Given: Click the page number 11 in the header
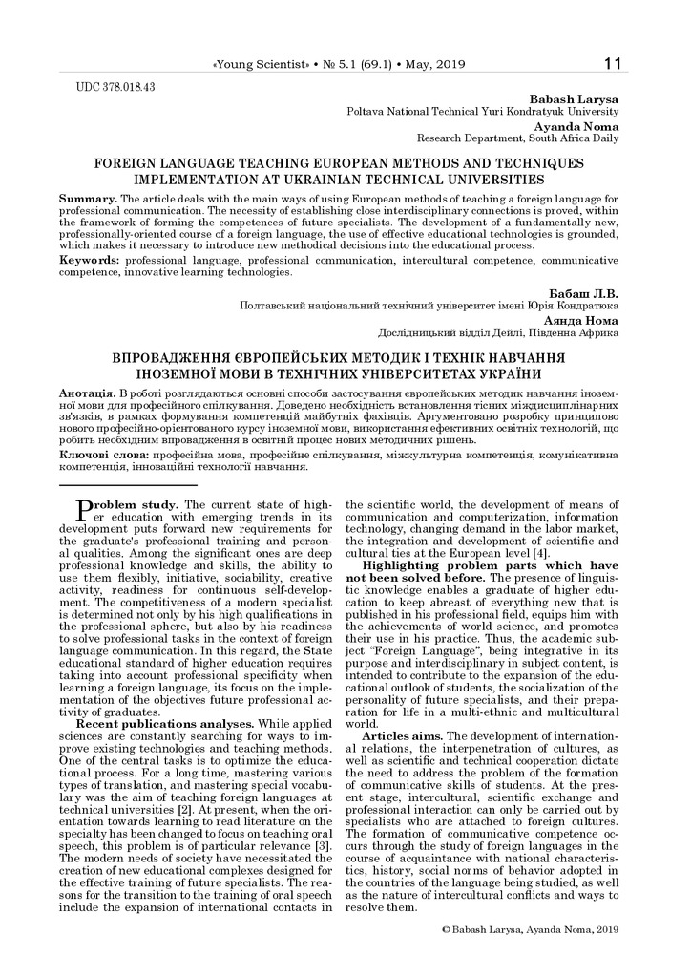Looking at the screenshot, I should point(612,64).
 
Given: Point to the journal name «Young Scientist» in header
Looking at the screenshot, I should point(259,65).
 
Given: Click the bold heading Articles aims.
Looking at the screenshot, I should point(398,709).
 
